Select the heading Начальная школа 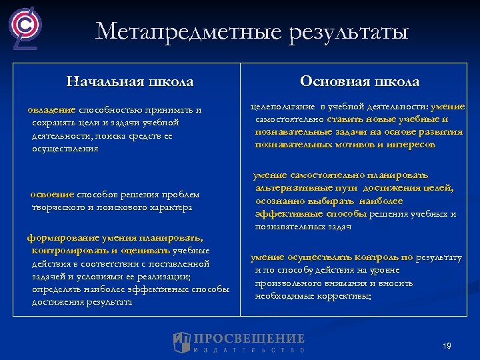tap(130, 82)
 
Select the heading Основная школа tap(360, 81)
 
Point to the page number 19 tap(447, 345)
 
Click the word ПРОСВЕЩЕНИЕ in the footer tap(249, 339)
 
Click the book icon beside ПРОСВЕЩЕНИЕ tap(182, 341)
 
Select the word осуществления tap(65, 148)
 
